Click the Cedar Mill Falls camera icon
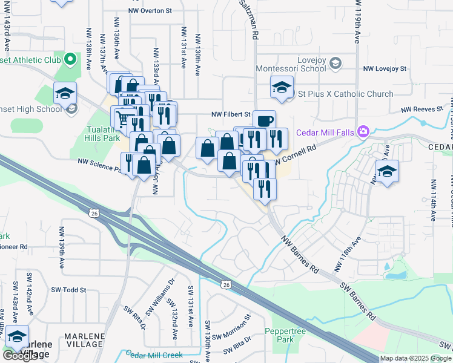coord(363,131)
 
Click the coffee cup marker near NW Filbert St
coord(264,120)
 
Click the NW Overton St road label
coord(150,10)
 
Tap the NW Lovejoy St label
coord(384,70)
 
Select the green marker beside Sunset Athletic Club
coord(70,59)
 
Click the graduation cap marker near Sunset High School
coord(65,94)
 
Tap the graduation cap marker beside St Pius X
coord(282,88)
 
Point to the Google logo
coord(19,356)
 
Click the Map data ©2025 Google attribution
coord(416,358)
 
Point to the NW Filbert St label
coord(231,114)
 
